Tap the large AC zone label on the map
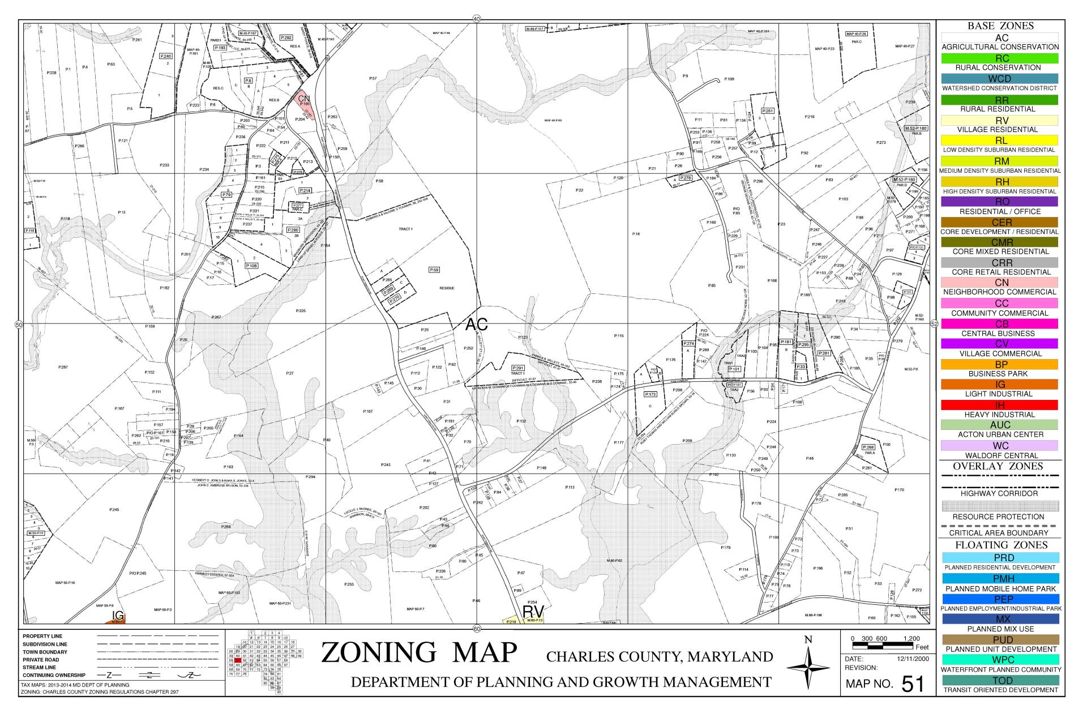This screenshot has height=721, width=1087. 476,325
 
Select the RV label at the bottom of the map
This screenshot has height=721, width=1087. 533,612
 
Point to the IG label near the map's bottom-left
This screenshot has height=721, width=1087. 118,616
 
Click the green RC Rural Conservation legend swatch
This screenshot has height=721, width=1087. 1000,58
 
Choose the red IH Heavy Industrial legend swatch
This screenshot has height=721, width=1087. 1000,405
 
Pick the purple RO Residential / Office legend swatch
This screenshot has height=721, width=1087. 1000,202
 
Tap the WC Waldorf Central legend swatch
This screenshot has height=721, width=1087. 1000,446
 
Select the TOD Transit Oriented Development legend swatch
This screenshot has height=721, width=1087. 1000,680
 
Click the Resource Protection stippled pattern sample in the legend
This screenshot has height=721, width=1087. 1000,506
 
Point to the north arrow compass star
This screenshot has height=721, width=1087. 808,667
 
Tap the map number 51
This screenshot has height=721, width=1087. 912,684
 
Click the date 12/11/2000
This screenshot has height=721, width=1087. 913,659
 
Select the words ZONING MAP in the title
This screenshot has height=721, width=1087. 419,652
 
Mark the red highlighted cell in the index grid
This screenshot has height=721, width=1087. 238,660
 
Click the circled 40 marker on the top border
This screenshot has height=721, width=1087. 476,19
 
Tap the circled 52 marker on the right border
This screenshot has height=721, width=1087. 934,324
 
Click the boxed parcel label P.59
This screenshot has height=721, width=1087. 434,270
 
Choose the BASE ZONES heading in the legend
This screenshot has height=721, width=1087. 1000,26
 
